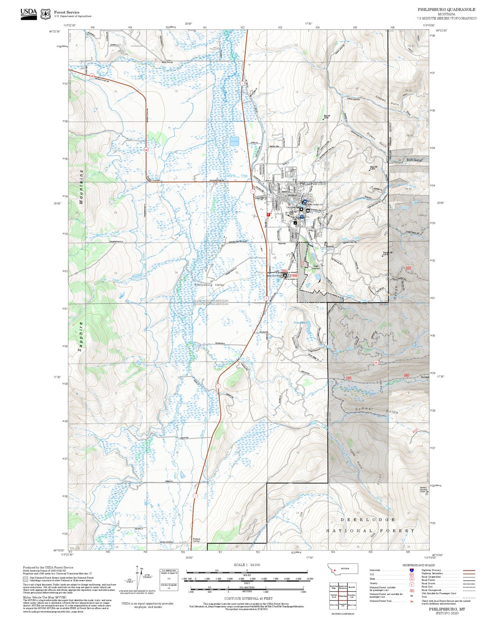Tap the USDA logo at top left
coord(29,14)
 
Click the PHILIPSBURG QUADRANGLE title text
coord(446,10)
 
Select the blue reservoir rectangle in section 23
coord(234,141)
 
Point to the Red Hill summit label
coord(326,116)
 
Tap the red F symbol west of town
coord(268,214)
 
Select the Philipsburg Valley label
coord(209,285)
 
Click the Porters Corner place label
coord(196,540)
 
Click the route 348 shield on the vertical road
coord(146,150)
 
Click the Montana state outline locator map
coord(343,569)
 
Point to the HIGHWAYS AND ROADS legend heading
coord(419,565)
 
